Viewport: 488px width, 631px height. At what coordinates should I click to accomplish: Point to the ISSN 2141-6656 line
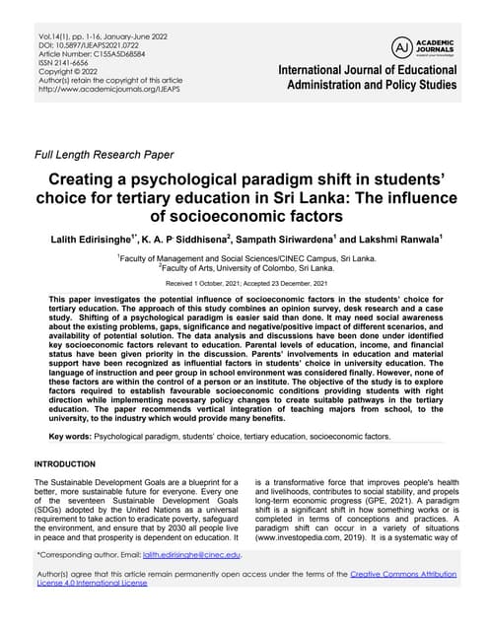click(x=63, y=64)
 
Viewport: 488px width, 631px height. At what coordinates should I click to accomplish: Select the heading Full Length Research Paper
click(x=104, y=155)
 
